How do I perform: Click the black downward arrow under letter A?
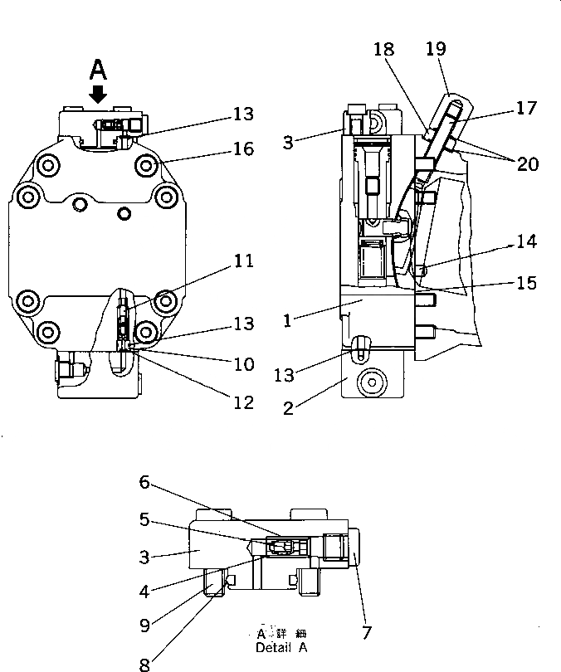pos(98,93)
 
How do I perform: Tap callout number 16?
pos(244,149)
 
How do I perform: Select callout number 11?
pos(243,262)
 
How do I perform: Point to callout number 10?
pos(243,364)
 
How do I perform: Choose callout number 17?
pos(526,108)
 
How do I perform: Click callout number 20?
pos(528,164)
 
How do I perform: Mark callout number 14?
pos(526,242)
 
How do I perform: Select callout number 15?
pos(526,283)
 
